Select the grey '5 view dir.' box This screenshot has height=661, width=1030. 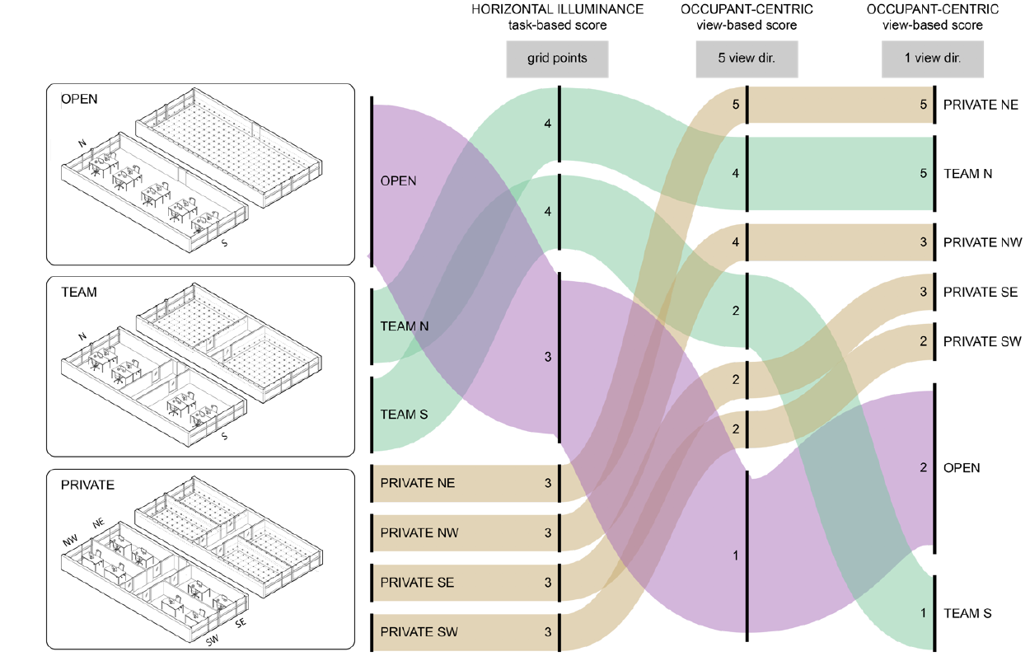tap(747, 59)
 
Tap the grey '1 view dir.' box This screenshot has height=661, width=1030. tap(933, 59)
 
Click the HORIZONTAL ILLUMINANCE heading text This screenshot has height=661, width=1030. tap(557, 10)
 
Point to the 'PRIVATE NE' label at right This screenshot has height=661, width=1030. tap(981, 105)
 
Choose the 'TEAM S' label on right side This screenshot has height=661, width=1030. tap(967, 613)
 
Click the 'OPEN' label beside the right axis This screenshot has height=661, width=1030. tap(962, 468)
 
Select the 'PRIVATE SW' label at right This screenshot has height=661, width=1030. tap(982, 342)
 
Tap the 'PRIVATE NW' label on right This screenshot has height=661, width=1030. tap(982, 243)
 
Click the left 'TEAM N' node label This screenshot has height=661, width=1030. tap(404, 326)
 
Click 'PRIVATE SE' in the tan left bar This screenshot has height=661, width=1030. tap(417, 583)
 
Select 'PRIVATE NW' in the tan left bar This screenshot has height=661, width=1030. tap(419, 533)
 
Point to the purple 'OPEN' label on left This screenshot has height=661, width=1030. tap(398, 180)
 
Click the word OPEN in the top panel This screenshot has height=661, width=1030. tap(79, 99)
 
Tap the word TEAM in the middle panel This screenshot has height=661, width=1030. tap(78, 292)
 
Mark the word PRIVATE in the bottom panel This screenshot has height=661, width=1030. tap(87, 485)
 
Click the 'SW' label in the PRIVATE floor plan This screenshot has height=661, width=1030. tap(213, 640)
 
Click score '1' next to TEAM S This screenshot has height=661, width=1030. tap(924, 613)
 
